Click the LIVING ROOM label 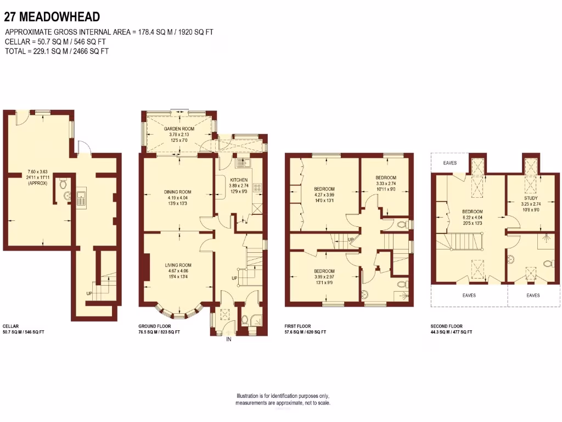coord(178,265)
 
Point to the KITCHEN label coord(239,180)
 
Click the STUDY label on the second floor coord(531,198)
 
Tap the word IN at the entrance coord(228,340)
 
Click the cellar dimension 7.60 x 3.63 coord(38,172)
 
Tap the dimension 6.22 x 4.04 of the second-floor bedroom coord(472,218)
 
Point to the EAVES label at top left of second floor coord(450,163)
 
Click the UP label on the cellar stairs coord(89,293)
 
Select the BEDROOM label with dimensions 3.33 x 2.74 coord(386,177)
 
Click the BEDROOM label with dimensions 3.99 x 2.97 coord(324,271)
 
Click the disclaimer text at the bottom coord(283,399)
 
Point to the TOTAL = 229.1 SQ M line coord(57,51)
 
